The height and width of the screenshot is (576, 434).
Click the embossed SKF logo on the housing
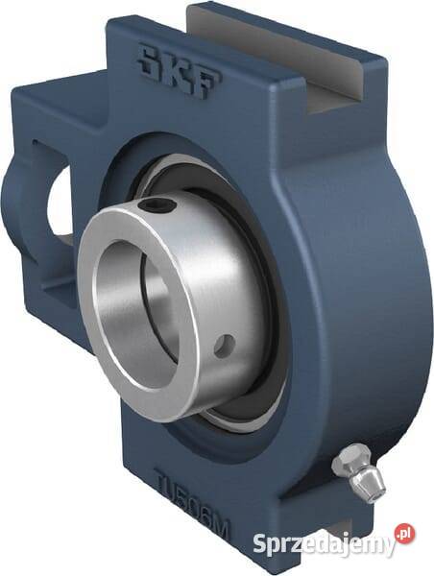[179, 72]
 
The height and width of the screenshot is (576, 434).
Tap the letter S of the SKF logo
[151, 59]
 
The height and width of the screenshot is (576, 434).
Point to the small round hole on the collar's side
[225, 346]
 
